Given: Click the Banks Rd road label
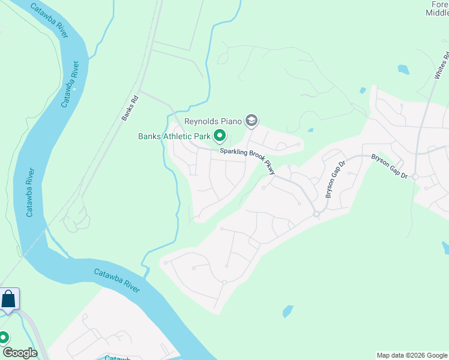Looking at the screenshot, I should click(130, 108).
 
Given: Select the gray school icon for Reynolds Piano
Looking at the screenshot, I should click(252, 122).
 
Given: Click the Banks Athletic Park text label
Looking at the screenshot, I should click(174, 136).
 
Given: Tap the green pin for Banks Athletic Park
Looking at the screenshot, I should click(220, 136).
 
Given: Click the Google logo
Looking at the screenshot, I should click(19, 353).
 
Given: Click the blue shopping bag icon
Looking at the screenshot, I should click(9, 299).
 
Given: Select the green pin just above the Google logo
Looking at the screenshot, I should click(4, 337).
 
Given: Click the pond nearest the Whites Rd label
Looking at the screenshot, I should click(403, 70).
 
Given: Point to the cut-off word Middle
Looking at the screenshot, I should click(437, 14).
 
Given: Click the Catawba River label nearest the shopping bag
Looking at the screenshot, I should click(116, 280).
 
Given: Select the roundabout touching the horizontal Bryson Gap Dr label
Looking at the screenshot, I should click(415, 176).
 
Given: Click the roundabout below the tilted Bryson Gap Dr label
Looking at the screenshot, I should click(316, 214).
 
